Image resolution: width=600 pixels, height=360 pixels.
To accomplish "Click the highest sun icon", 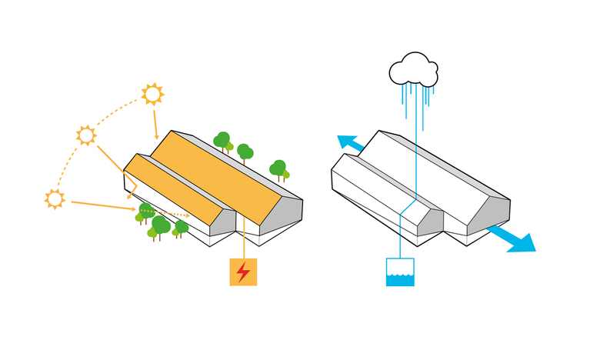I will (x=152, y=94).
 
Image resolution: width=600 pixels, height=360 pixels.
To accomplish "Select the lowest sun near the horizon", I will (x=54, y=198).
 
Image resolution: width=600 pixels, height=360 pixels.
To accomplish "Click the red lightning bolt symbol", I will (x=243, y=272).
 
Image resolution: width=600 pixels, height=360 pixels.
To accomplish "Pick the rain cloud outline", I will (x=414, y=70).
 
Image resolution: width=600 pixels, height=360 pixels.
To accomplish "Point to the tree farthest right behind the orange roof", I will (x=278, y=168).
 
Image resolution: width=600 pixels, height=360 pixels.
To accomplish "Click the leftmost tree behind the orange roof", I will (x=222, y=141).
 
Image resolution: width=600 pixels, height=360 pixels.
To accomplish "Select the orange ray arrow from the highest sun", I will (x=155, y=119).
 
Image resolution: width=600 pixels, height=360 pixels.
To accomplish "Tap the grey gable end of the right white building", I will (x=493, y=215).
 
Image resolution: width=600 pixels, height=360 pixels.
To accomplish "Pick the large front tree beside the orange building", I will (x=160, y=225).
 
